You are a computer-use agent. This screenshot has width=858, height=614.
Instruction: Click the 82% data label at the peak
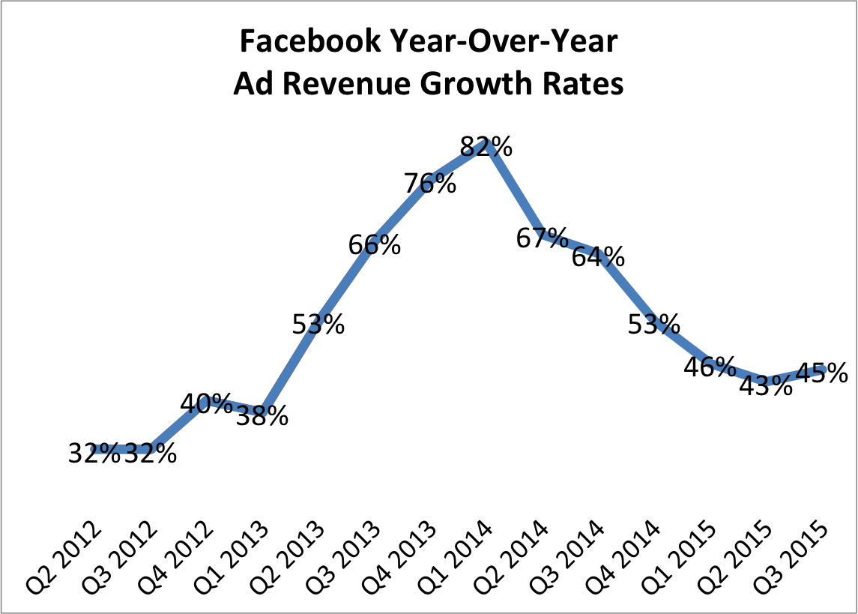click(x=486, y=146)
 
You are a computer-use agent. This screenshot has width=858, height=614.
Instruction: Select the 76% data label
click(x=430, y=183)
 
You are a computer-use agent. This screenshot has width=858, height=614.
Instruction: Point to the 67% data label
click(x=542, y=238)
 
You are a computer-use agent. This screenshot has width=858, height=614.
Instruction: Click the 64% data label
click(x=598, y=256)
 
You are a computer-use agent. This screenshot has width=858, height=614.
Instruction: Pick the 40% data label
click(x=206, y=404)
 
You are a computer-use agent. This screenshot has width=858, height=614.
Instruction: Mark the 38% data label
click(x=262, y=416)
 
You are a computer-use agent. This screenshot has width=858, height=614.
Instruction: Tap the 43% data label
click(x=765, y=385)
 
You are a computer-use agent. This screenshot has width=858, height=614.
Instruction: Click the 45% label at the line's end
click(x=821, y=372)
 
